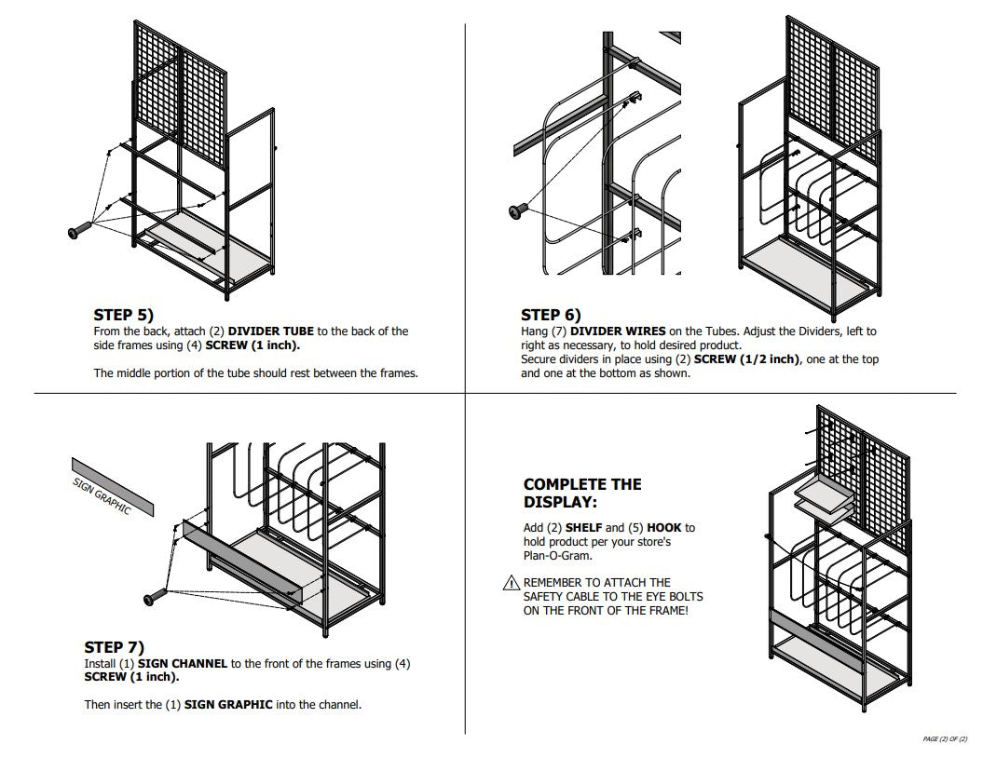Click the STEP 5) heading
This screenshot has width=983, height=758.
[123, 315]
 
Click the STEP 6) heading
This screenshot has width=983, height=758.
[551, 315]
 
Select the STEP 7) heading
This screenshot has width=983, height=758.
[114, 647]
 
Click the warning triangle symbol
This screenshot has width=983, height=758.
[510, 583]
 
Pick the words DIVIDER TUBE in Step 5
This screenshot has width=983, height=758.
[270, 332]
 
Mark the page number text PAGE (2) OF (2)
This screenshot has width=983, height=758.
[945, 738]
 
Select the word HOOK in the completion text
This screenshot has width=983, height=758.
[664, 528]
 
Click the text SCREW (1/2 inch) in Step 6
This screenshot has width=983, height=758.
[746, 359]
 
